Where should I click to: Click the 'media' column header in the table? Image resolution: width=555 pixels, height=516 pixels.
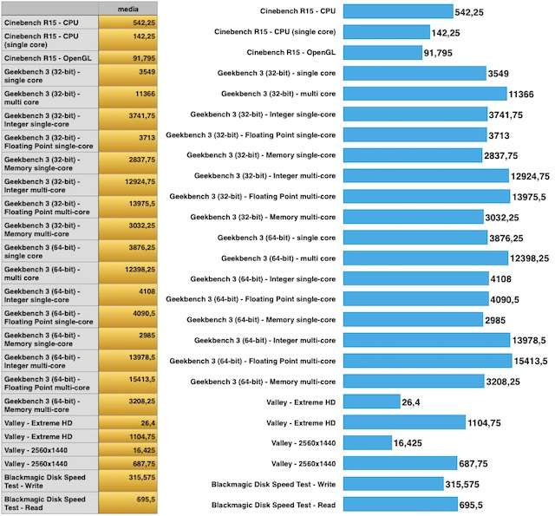128,9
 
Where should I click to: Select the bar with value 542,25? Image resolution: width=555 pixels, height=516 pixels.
398,12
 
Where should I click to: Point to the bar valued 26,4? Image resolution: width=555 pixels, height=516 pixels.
370,402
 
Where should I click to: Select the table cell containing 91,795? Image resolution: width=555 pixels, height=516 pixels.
128,57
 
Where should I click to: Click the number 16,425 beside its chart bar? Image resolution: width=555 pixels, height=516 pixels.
409,442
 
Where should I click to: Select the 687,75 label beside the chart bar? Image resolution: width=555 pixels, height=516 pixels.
476,463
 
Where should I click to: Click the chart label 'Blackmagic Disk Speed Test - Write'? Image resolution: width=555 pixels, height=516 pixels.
273,484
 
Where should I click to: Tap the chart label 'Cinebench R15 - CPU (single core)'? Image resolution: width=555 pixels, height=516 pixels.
275,32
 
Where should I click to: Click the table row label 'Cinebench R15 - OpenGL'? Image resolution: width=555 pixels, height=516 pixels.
49,57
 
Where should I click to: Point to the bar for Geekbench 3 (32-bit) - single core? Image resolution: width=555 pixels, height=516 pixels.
414,74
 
